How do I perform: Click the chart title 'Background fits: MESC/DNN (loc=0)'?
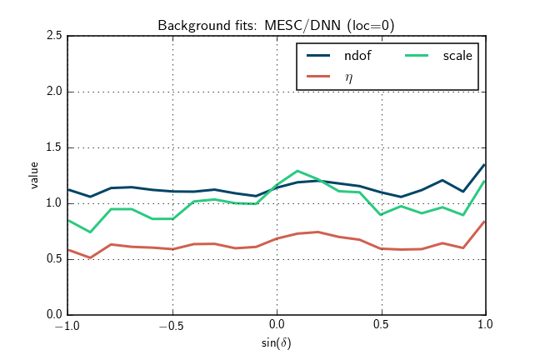tap(276, 26)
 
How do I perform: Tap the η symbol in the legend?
tap(348, 76)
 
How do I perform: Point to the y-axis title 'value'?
tap(34, 175)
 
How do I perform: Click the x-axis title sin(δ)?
tap(276, 342)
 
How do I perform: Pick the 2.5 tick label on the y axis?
tap(52, 37)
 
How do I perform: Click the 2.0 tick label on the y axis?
tap(52, 92)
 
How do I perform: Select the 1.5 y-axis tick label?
tap(52, 148)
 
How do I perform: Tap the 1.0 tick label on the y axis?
tap(52, 203)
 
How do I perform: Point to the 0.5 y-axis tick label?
tap(52, 259)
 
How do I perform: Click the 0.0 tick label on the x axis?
tap(277, 326)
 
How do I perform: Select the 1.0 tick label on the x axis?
tap(485, 326)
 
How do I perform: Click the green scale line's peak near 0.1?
tap(297, 171)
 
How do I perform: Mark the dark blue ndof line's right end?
tap(484, 165)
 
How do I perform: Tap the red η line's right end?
tap(484, 222)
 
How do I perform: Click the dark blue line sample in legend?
tap(321, 56)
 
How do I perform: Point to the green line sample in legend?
tap(417, 56)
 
